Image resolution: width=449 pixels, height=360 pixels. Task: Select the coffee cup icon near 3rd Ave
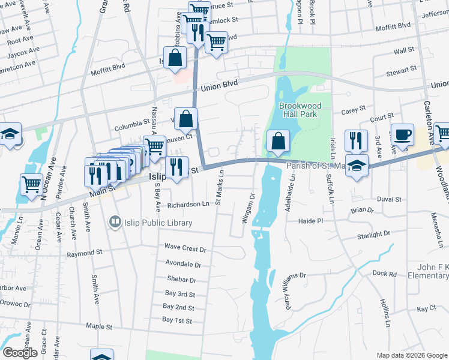coord(402,135)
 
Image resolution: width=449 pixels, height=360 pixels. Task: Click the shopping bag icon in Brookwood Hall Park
coord(278,142)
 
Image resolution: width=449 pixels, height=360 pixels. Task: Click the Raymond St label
coord(85,254)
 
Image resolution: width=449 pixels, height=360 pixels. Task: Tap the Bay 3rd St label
coord(179,294)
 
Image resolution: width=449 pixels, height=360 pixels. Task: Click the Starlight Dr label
coord(374,236)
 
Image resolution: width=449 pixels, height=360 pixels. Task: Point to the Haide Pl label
coord(311,221)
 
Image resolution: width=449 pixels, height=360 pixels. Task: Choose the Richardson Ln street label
coord(188,205)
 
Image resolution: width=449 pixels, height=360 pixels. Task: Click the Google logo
coord(20,353)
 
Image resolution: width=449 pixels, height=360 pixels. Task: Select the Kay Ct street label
coord(426,308)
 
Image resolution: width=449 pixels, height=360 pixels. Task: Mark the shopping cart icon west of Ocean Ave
coord(31,184)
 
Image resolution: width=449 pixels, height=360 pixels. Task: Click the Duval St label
coord(389,199)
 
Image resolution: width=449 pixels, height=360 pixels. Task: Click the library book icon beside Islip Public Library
coord(113,223)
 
